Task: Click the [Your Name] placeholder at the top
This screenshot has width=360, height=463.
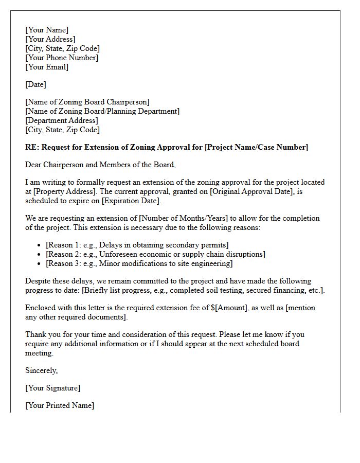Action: click(47, 30)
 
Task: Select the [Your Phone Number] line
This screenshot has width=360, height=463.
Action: click(62, 58)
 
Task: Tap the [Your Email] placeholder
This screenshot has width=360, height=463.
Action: click(47, 67)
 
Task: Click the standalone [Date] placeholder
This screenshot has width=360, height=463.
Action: click(35, 84)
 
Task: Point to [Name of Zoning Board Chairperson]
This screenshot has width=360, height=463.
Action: click(87, 102)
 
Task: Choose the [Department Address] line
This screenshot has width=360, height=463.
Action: click(61, 120)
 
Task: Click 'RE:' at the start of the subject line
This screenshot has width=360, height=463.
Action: click(32, 147)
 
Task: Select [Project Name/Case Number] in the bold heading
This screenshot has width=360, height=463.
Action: click(256, 147)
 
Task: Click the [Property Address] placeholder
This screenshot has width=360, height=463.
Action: click(64, 191)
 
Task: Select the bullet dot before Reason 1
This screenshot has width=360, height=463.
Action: click(40, 245)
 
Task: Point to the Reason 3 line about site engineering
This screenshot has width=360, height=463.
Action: click(139, 263)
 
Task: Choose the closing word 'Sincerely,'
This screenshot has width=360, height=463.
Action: click(41, 370)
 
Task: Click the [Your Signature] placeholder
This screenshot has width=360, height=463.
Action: click(52, 388)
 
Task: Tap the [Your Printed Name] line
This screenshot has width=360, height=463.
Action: click(60, 405)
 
